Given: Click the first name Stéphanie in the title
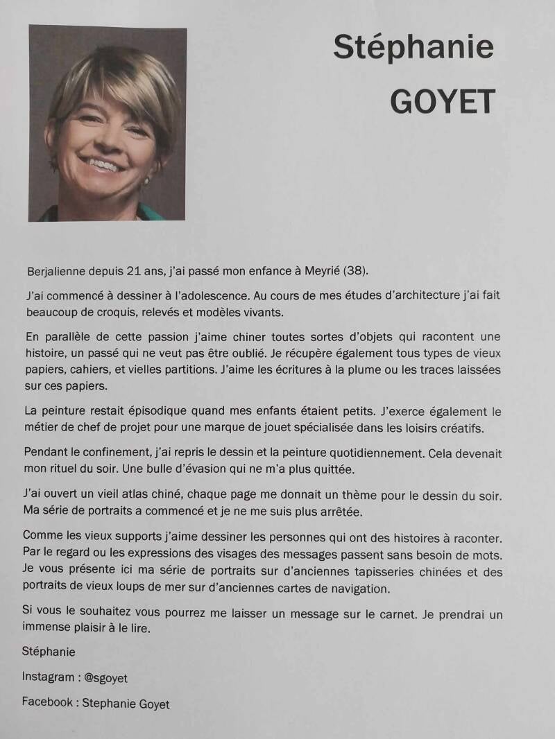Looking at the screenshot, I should [413, 48].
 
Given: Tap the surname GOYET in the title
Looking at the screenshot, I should [443, 102].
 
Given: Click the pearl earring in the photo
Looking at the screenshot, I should [146, 181].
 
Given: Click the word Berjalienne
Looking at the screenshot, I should [58, 270].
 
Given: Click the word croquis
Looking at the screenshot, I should [107, 312].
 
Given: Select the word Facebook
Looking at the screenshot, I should [46, 702].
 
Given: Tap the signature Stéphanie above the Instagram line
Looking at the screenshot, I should [49, 652].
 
